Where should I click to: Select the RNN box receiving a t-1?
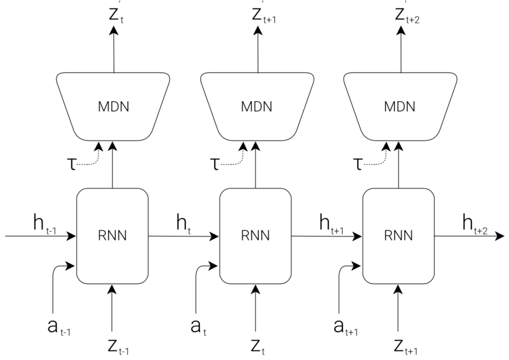click(x=112, y=236)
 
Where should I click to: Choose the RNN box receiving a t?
click(x=255, y=236)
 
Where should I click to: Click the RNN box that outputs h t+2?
click(x=399, y=236)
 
